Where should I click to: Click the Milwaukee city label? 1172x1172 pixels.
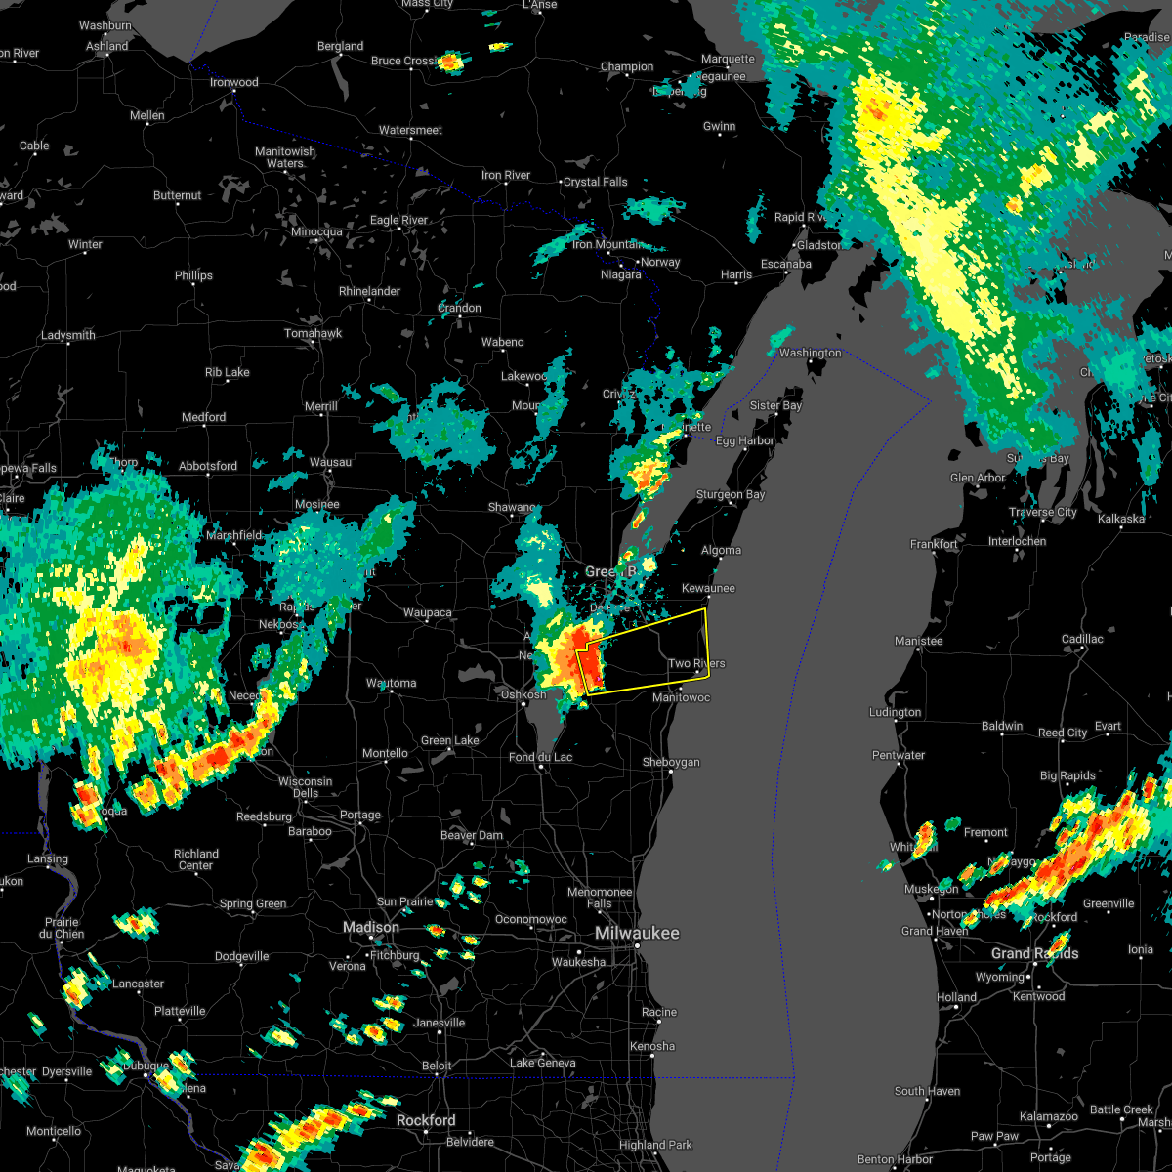coord(637,934)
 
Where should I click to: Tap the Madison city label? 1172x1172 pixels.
coord(370,927)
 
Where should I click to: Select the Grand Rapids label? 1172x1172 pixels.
coord(1034,953)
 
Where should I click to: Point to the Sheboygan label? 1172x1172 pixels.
coord(671,763)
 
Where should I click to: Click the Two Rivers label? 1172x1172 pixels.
coord(696,664)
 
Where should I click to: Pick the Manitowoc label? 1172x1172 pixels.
coord(681,697)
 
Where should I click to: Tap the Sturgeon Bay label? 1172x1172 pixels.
coord(730,495)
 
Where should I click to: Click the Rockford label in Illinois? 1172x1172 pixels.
coord(428,1120)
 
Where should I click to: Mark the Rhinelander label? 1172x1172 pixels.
coord(369,291)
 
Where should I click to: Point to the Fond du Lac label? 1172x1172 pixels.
coord(541,757)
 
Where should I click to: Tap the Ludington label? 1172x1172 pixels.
coord(895,712)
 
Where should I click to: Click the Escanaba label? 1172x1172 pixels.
coord(786,264)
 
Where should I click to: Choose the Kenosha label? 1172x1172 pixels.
coord(651,1046)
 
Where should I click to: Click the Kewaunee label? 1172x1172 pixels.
coord(708,588)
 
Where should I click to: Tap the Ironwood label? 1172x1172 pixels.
coord(234,82)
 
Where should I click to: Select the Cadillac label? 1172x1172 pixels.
coord(1081,639)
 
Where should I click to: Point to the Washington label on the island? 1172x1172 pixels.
coord(810,353)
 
